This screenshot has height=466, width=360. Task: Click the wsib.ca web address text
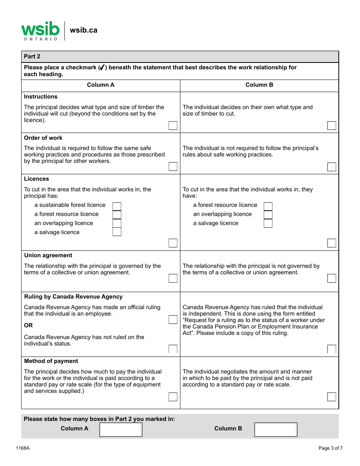pyautogui.click(x=83, y=30)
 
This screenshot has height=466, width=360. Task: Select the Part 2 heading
pyautogui.click(x=32, y=56)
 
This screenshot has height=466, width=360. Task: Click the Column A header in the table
pyautogui.click(x=100, y=85)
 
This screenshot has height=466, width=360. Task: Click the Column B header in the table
pyautogui.click(x=259, y=85)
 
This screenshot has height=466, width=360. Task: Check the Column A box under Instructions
pyautogui.click(x=173, y=126)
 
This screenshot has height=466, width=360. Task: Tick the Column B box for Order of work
pyautogui.click(x=332, y=167)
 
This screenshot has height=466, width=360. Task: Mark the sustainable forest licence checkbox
pyautogui.click(x=117, y=206)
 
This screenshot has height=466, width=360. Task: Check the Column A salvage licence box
pyautogui.click(x=117, y=232)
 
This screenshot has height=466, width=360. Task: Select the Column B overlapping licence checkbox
pyautogui.click(x=268, y=214)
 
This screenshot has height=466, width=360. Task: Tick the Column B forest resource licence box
pyautogui.click(x=268, y=206)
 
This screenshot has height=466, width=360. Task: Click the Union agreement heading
pyautogui.click(x=48, y=255)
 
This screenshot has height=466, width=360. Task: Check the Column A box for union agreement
pyautogui.click(x=173, y=278)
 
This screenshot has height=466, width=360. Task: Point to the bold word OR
pyautogui.click(x=28, y=325)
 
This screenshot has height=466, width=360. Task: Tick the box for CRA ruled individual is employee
pyautogui.click(x=173, y=320)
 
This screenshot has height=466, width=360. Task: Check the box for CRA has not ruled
pyautogui.click(x=173, y=349)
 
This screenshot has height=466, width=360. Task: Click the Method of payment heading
pyautogui.click(x=51, y=361)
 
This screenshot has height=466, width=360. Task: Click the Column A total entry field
pyautogui.click(x=121, y=430)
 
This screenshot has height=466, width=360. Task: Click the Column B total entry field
pyautogui.click(x=275, y=430)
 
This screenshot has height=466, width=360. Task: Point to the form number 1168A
pyautogui.click(x=23, y=448)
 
